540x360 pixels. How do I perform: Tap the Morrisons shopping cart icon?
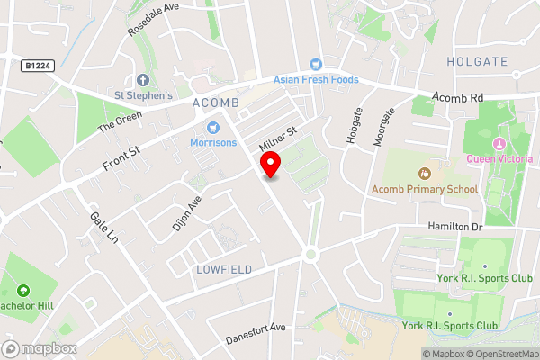pos(213,127)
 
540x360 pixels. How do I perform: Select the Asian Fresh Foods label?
pos(316,79)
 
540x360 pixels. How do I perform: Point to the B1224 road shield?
pos(37,66)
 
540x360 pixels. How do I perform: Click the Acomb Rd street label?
pos(458,96)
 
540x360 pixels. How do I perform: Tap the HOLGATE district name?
pos(477,61)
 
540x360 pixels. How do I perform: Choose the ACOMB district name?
pos(215,103)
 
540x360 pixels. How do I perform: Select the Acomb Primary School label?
pos(425,189)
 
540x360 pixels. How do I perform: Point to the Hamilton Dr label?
pos(455,228)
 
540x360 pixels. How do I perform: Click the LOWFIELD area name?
pos(222,269)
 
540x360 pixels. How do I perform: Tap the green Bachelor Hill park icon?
pos(22,292)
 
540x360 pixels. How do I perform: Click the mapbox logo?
pos(39,348)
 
